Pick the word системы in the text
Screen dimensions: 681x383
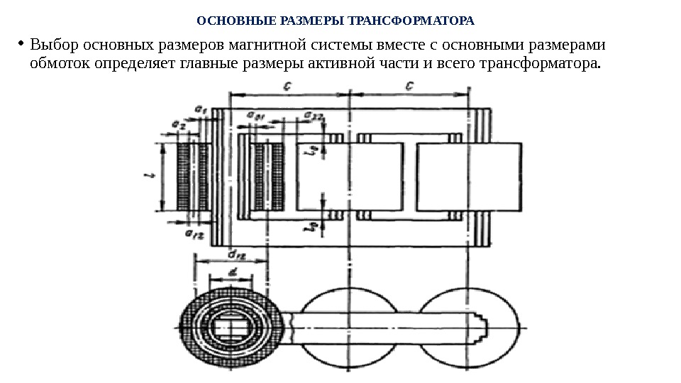[x=346, y=46]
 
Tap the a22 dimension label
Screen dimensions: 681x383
[x=313, y=114]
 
